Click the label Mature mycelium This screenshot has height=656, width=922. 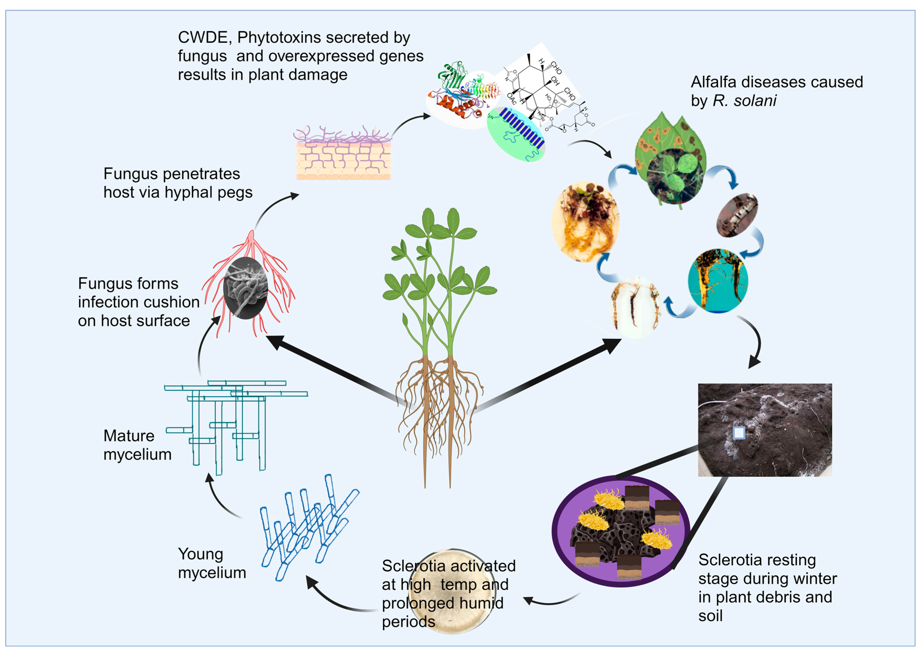[x=137, y=445]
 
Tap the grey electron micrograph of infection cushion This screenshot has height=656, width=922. [x=245, y=288]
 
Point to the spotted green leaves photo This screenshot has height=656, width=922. [x=671, y=162]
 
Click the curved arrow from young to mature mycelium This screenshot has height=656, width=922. [x=220, y=497]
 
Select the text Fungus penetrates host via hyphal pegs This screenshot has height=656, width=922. [x=178, y=183]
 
